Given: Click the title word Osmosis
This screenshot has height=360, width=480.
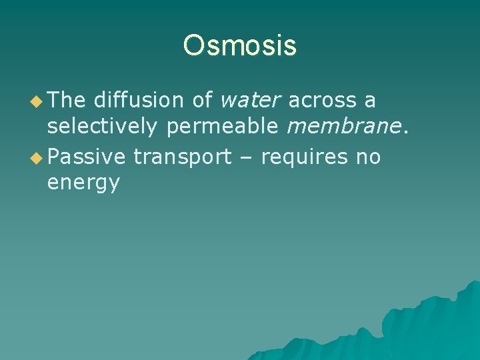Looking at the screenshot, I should pos(240,46).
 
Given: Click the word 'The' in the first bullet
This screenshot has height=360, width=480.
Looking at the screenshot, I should pos(67,101).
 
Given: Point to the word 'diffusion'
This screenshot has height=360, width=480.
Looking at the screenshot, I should pos(139,101).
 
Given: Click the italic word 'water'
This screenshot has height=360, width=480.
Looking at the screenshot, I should pos(251,101).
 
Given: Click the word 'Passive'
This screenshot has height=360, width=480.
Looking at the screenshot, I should pos(87,157).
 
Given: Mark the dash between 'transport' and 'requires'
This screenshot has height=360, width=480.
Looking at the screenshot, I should pos(246,158).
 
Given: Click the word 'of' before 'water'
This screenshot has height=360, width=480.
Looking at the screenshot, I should pos(202,101).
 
